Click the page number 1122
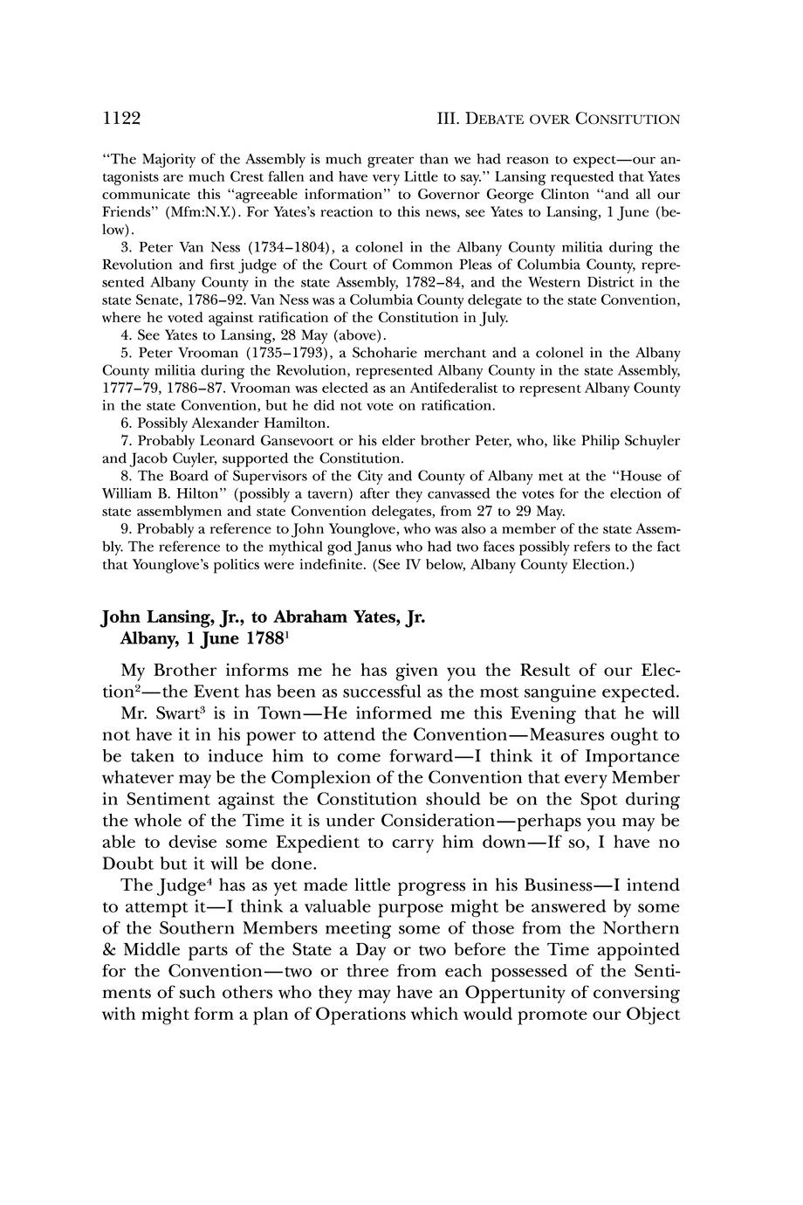pyautogui.click(x=121, y=118)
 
